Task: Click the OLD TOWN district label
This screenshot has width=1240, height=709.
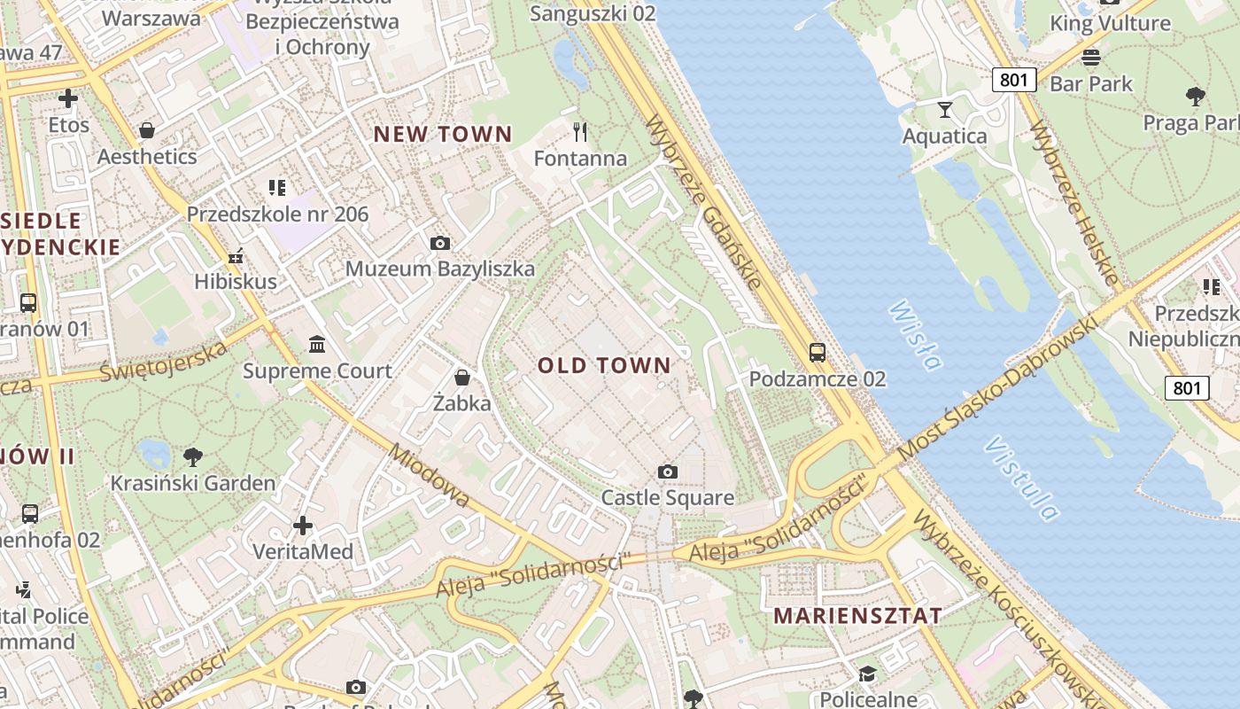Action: click(604, 365)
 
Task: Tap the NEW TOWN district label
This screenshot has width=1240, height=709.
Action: click(442, 135)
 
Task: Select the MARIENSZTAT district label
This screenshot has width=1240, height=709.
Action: click(857, 616)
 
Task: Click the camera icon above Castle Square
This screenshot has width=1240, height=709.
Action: click(668, 471)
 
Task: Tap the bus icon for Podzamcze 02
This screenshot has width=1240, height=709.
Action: click(817, 353)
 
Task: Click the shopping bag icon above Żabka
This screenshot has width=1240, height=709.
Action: click(461, 378)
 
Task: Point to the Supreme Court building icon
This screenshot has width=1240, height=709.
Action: click(317, 344)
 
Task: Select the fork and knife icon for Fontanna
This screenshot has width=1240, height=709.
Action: click(580, 132)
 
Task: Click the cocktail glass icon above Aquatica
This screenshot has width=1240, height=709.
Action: click(945, 109)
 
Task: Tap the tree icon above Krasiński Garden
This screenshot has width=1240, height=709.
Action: click(192, 457)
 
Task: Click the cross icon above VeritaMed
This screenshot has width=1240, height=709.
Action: click(303, 526)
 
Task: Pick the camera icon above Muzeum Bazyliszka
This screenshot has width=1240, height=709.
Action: click(439, 243)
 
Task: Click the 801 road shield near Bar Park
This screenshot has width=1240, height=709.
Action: click(1013, 80)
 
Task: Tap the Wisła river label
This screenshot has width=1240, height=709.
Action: click(915, 335)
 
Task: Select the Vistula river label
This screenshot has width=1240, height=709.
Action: click(1020, 478)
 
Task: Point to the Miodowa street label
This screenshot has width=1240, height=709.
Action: click(430, 476)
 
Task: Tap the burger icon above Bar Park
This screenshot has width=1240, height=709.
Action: click(1091, 58)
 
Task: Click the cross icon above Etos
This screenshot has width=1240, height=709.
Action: click(68, 98)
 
